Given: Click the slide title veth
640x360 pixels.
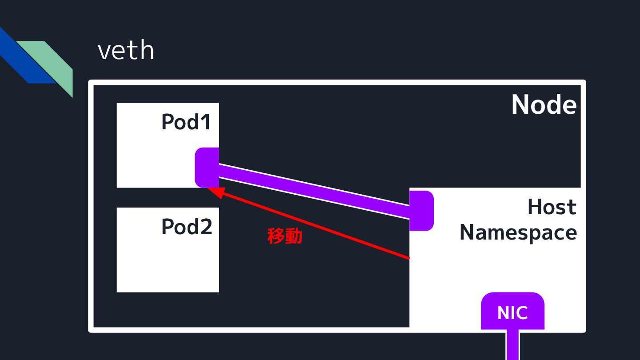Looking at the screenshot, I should pos(126,51).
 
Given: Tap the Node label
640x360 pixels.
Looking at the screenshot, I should pos(544,105).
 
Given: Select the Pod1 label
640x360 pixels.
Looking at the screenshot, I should pos(186,122).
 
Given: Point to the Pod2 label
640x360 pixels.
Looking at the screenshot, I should pos(186,227).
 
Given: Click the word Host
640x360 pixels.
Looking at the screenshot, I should pos(552,207).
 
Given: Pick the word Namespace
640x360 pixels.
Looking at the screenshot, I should pos(518,232).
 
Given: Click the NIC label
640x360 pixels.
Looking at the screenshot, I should pos(512,313).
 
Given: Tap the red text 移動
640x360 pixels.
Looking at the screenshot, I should pos(284,236).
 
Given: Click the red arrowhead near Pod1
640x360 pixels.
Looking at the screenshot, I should pos(214,191).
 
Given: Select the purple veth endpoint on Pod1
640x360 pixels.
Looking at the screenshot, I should pos(207,167).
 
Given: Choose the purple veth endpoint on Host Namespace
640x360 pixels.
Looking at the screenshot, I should pos(420,211).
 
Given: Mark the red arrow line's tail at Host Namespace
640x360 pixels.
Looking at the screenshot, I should pos(407,257).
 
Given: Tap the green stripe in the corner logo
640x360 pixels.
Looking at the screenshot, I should pos(53,62).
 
